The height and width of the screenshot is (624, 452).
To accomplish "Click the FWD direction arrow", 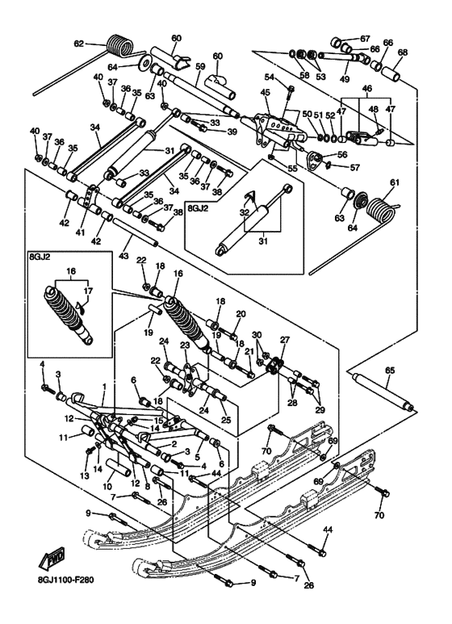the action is [x=52, y=559].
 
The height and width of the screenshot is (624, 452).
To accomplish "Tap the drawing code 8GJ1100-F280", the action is [x=63, y=580].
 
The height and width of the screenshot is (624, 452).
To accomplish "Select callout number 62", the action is [x=79, y=44].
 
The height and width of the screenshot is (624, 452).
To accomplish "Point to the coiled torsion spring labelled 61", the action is [x=381, y=211].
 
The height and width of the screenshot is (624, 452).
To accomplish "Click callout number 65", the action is [x=390, y=371].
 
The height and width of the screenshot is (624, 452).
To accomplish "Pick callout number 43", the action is [x=123, y=255].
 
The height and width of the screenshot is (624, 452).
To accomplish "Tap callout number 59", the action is [x=200, y=66].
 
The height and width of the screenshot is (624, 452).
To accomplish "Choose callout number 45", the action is [x=265, y=93].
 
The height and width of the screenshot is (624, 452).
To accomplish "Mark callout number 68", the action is [x=402, y=52].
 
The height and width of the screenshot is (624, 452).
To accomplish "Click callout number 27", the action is [x=284, y=340].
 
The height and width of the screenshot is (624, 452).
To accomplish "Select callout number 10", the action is [x=108, y=486].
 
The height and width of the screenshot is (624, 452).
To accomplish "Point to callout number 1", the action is [x=104, y=387].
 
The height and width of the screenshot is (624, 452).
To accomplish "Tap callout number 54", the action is [x=270, y=77].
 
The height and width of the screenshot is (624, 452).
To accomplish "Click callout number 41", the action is [x=81, y=232].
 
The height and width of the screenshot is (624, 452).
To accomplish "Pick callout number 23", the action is [x=185, y=345].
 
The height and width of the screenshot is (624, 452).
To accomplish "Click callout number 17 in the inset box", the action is [x=88, y=291].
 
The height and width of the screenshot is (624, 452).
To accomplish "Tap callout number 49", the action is [x=345, y=79].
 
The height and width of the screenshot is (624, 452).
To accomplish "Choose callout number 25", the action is [x=225, y=420].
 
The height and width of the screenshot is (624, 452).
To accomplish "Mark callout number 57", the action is [x=354, y=167].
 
